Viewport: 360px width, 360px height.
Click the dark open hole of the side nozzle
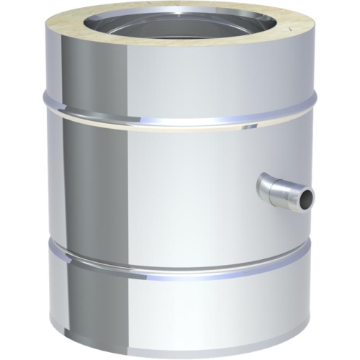(307, 196)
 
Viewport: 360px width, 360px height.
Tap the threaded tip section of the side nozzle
(297, 194)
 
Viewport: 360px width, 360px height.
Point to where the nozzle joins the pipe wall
(261, 186)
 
